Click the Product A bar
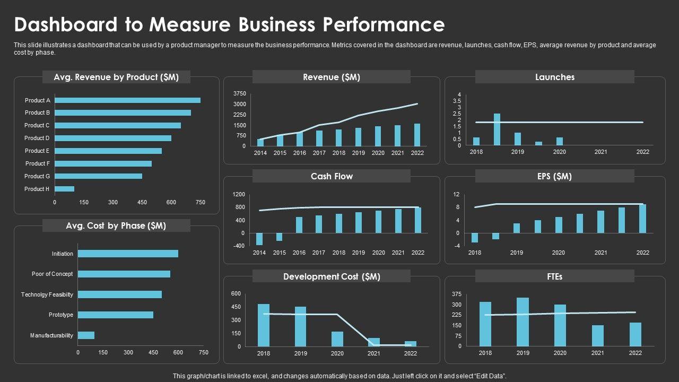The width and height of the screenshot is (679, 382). pyautogui.click(x=127, y=100)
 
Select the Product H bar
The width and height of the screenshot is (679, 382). pyautogui.click(x=64, y=189)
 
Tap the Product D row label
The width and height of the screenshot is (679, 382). pyautogui.click(x=37, y=138)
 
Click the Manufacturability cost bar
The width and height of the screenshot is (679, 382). pyautogui.click(x=86, y=335)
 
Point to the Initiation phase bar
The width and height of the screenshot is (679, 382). pyautogui.click(x=128, y=254)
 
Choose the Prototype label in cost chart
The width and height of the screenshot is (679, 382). pyautogui.click(x=61, y=315)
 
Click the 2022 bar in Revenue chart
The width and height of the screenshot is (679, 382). pyautogui.click(x=417, y=135)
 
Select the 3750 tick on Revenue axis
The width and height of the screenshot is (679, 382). pyautogui.click(x=240, y=93)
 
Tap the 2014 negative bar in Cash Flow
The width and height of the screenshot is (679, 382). pyautogui.click(x=259, y=239)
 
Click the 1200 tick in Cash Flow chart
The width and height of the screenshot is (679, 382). pyautogui.click(x=239, y=195)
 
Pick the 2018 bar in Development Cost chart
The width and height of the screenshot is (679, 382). pyautogui.click(x=264, y=325)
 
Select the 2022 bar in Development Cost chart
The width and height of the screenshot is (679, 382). pyautogui.click(x=411, y=343)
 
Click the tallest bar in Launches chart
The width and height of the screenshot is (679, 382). pyautogui.click(x=497, y=129)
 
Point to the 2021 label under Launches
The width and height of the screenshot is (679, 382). pyautogui.click(x=600, y=152)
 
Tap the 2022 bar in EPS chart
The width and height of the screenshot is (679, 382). pyautogui.click(x=642, y=219)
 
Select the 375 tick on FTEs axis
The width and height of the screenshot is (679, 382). pyautogui.click(x=457, y=294)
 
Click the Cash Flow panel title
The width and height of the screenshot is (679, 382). pyautogui.click(x=332, y=176)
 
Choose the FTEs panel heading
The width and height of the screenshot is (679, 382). pyautogui.click(x=554, y=276)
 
